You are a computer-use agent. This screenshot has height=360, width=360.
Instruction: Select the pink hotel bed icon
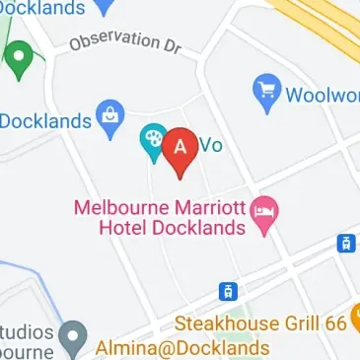pos(263,212)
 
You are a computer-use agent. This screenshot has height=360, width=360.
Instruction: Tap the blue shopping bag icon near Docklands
pos(109,118)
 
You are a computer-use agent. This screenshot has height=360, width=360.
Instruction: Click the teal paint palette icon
pos(153,141)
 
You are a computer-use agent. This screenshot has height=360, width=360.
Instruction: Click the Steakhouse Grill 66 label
pos(260,323)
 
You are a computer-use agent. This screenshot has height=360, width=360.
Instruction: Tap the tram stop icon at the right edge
pos(345,243)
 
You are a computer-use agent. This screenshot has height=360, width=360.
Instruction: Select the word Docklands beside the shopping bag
pos(45,121)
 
